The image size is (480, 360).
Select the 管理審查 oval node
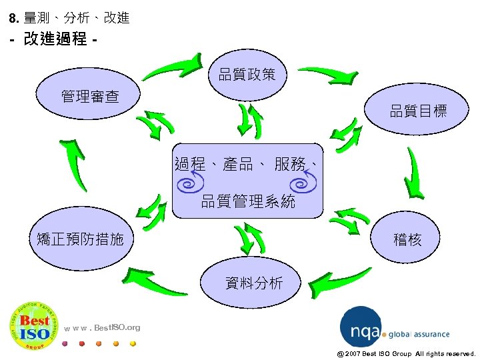[x=90, y=97]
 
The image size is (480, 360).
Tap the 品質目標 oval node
[x=419, y=111]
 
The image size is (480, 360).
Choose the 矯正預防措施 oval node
[x=81, y=239]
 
